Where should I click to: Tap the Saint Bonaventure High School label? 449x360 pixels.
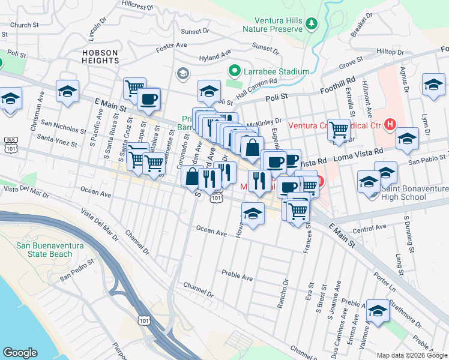point(415,193)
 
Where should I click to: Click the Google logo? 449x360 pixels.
point(20,353)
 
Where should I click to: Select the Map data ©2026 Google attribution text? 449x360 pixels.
point(412,355)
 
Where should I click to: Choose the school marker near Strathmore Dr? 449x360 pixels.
point(378,311)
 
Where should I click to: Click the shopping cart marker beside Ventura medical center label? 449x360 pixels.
point(339,128)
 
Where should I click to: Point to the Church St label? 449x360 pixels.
point(24,25)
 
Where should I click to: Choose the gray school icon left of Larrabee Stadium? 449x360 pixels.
point(182,73)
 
